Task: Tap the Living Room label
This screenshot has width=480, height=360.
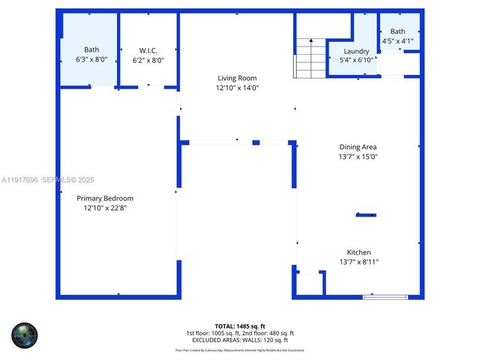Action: [237, 78]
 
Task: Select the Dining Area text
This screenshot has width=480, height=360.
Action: [358, 147]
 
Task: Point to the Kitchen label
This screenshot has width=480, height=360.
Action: [358, 252]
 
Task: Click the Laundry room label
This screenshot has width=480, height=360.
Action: [356, 51]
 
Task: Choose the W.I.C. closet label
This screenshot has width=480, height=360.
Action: [148, 50]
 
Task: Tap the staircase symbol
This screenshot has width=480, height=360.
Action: [308, 58]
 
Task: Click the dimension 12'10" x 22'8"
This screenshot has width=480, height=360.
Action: [105, 208]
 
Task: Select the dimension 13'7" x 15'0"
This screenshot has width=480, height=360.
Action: [358, 157]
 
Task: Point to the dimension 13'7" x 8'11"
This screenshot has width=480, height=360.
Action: [358, 262]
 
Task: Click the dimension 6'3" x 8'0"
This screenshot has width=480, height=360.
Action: [91, 59]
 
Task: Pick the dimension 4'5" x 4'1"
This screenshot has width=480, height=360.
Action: [397, 40]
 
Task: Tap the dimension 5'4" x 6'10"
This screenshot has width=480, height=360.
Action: [356, 60]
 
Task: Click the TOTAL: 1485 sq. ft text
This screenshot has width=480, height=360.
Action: [240, 325]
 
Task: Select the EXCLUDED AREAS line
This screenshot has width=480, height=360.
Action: [240, 340]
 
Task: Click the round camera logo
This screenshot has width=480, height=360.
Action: [24, 334]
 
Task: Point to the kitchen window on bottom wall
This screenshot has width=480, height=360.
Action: [385, 297]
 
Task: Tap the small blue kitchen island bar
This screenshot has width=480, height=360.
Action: [366, 215]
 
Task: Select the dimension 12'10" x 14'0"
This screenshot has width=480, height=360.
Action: [237, 88]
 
